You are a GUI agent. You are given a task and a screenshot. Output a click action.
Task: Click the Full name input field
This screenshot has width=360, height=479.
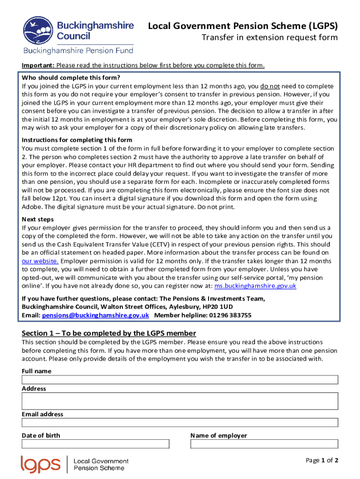180,380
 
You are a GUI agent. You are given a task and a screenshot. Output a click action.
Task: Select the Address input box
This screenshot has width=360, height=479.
180,401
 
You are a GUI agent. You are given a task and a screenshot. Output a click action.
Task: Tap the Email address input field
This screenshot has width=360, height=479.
180,422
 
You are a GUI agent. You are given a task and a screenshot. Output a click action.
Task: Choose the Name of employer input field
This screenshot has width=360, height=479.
264,444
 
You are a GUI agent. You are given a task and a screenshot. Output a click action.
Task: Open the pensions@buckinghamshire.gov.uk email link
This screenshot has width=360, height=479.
95,315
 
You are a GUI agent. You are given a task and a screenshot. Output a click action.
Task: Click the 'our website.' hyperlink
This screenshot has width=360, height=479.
40,261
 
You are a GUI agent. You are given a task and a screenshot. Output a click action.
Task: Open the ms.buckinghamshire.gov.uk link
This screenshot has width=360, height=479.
255,286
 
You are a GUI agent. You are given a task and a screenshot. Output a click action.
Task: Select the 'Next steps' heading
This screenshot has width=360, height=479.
38,219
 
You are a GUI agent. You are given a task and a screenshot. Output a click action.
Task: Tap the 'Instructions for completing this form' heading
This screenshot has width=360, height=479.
77,140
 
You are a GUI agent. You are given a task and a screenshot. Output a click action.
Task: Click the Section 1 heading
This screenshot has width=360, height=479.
109,333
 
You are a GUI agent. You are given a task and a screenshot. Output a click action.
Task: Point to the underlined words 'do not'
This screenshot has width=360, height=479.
270,87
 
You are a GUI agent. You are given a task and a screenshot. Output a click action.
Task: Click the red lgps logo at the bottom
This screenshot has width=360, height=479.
41,464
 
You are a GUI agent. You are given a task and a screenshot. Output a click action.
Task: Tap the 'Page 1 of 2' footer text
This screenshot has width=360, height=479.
322,460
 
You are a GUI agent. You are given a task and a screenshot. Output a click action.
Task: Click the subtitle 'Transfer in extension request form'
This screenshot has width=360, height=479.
269,38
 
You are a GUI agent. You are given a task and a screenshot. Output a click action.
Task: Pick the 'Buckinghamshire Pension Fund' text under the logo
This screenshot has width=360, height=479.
79,51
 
